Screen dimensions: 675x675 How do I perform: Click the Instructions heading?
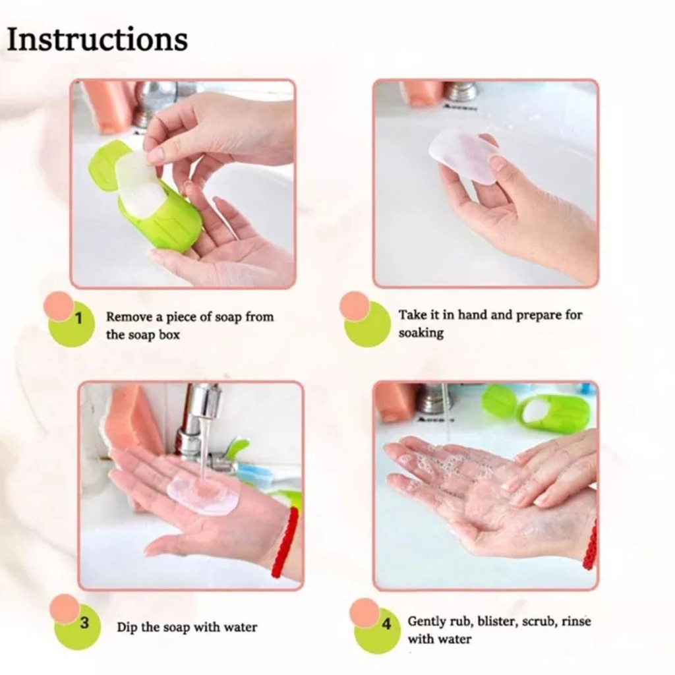click(x=97, y=40)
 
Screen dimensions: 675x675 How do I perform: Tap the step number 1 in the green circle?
click(x=78, y=320)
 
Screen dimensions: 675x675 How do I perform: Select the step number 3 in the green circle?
click(x=84, y=623)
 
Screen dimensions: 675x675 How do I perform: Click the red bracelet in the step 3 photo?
click(x=285, y=542)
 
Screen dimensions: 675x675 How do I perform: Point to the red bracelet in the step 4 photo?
click(x=591, y=544)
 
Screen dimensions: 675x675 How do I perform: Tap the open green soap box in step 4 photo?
click(x=537, y=409)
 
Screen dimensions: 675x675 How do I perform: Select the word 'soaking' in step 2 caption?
click(x=421, y=334)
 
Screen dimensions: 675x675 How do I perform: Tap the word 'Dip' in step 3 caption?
click(x=127, y=627)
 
